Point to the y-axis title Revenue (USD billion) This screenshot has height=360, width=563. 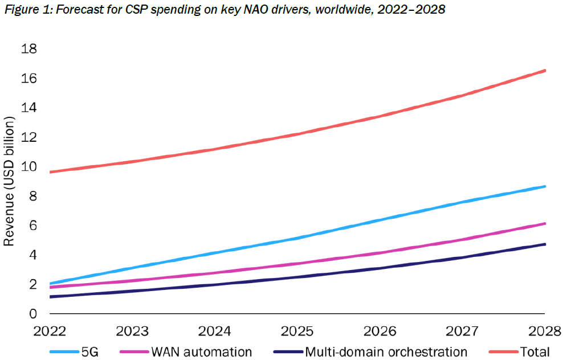(x=9, y=181)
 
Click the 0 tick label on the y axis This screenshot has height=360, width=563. (x=33, y=314)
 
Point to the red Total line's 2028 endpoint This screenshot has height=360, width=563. (x=544, y=71)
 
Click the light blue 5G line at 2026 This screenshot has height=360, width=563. (x=381, y=219)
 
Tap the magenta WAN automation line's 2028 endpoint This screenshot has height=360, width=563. (x=544, y=224)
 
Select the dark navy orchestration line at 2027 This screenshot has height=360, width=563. (x=463, y=257)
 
